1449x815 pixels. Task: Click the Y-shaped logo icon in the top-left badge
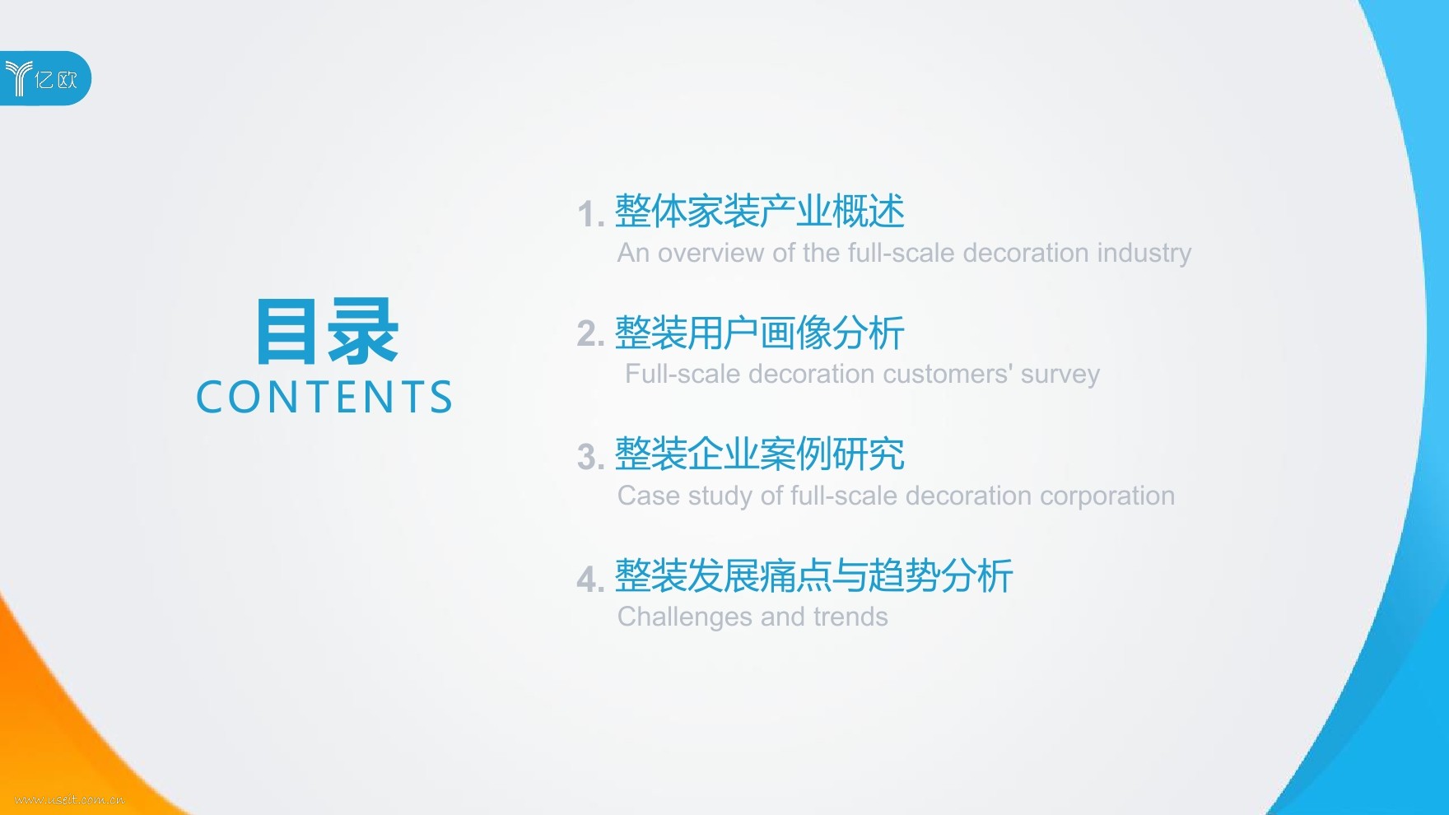pyautogui.click(x=18, y=78)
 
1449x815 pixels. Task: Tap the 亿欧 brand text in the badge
pyautogui.click(x=56, y=79)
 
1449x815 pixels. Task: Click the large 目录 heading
pyautogui.click(x=327, y=331)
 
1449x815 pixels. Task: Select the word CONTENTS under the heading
pyautogui.click(x=324, y=397)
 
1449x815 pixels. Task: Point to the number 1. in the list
pyautogui.click(x=590, y=214)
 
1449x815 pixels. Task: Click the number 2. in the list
pyautogui.click(x=590, y=334)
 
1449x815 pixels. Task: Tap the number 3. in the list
pyautogui.click(x=590, y=457)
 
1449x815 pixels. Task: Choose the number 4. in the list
pyautogui.click(x=590, y=579)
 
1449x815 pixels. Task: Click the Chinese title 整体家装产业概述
pyautogui.click(x=760, y=212)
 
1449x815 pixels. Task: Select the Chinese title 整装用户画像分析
pyautogui.click(x=760, y=333)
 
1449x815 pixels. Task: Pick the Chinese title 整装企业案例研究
pyautogui.click(x=760, y=454)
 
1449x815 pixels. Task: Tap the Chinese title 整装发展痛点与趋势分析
pyautogui.click(x=814, y=575)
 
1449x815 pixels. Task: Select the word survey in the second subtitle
pyautogui.click(x=1060, y=375)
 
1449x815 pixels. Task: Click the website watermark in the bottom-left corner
pyautogui.click(x=70, y=799)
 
